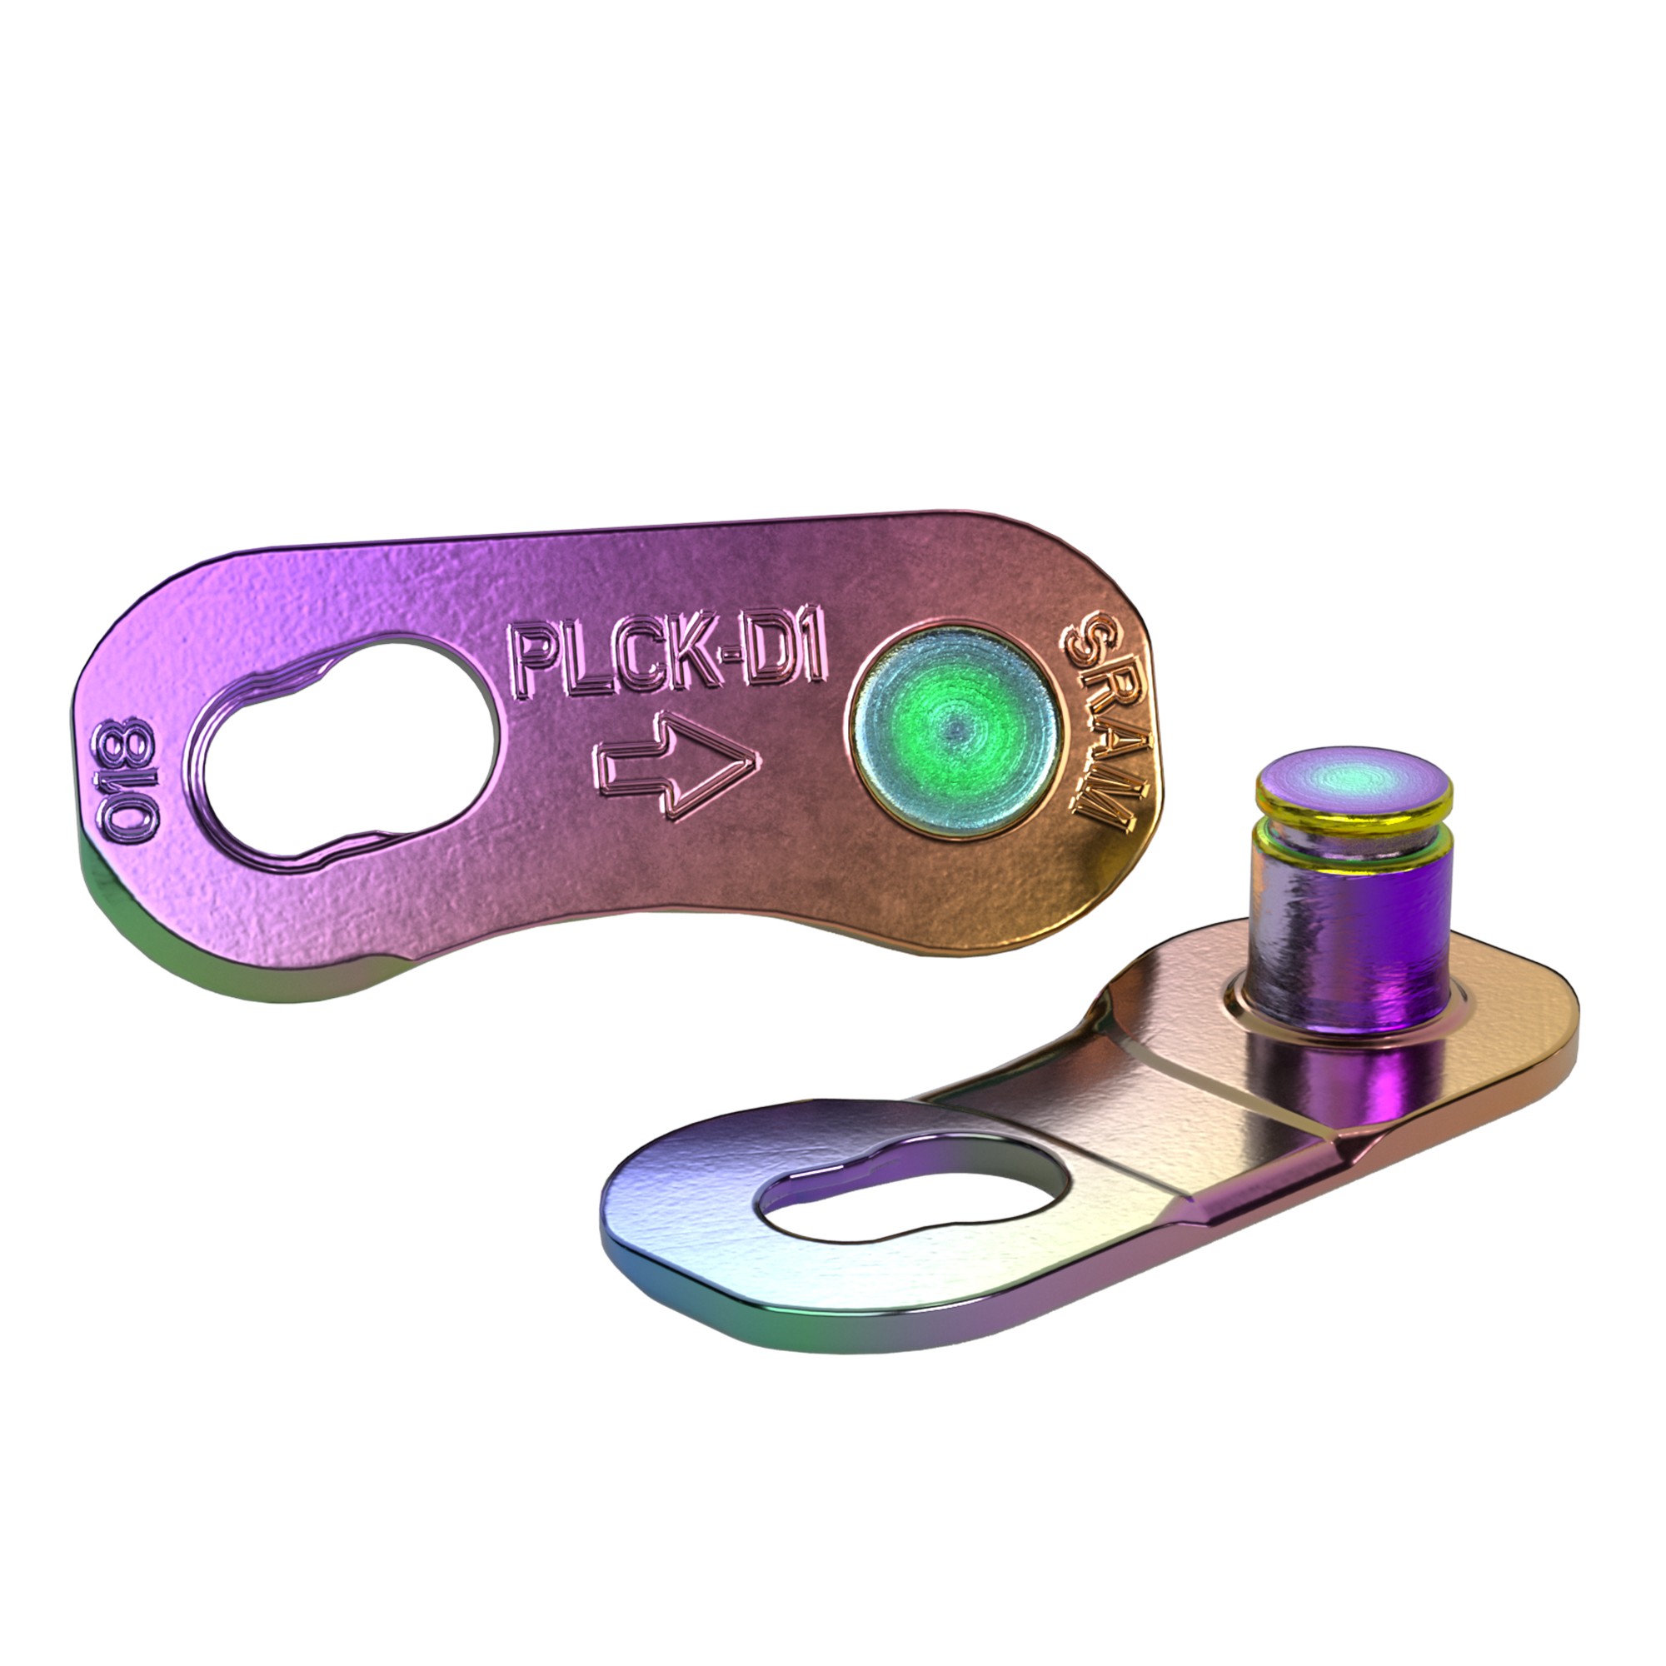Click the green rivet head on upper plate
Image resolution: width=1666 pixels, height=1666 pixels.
954,729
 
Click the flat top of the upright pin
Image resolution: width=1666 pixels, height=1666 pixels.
1352,779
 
